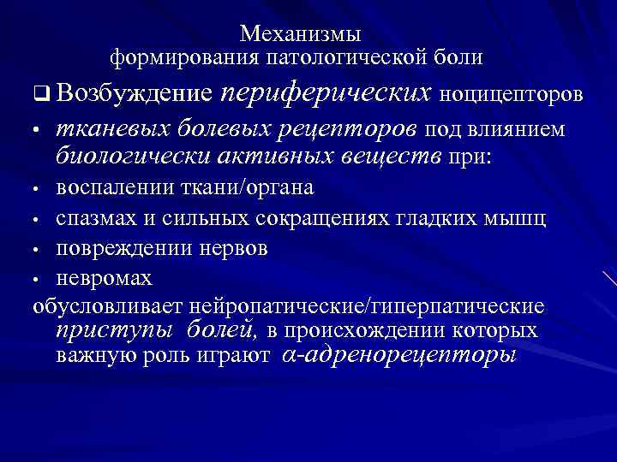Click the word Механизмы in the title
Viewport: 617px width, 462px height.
tap(301, 34)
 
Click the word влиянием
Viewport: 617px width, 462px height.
tap(517, 129)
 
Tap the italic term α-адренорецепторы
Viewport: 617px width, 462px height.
tap(399, 354)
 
